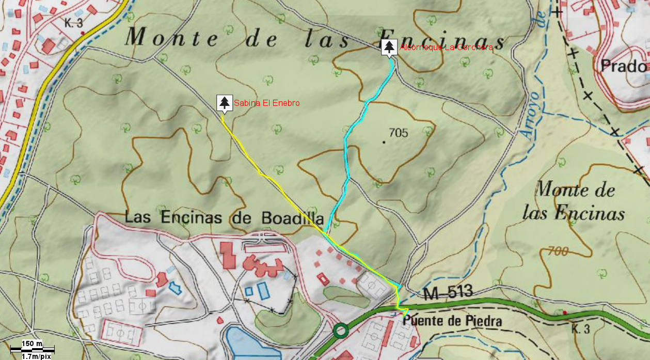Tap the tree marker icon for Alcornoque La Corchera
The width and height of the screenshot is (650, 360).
tap(389, 47)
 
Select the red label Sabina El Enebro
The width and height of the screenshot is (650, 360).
tap(266, 103)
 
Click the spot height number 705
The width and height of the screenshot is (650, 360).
tap(399, 133)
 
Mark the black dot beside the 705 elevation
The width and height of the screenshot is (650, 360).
tap(384, 142)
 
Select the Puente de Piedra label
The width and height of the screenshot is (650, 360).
tap(452, 321)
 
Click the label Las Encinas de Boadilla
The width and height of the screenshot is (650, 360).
tap(224, 217)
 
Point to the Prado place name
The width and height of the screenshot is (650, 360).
tap(624, 66)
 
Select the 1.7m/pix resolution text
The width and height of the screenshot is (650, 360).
tap(36, 356)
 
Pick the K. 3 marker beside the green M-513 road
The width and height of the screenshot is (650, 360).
tap(581, 328)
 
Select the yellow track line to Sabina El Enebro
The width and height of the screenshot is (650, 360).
tap(268, 178)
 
